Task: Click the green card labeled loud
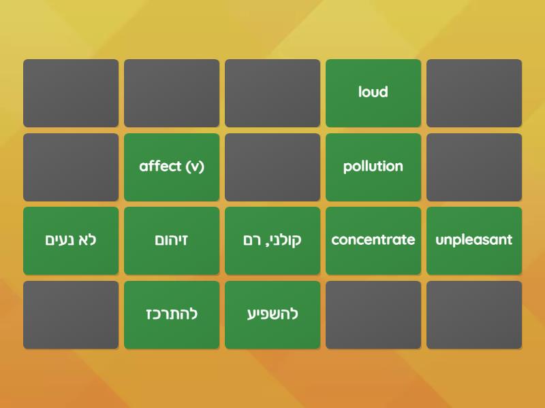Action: pyautogui.click(x=373, y=92)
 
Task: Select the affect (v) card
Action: pyautogui.click(x=172, y=167)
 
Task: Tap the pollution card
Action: pyautogui.click(x=373, y=167)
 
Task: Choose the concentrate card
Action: pyautogui.click(x=373, y=240)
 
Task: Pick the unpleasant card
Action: pyautogui.click(x=474, y=240)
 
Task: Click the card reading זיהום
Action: pyautogui.click(x=172, y=240)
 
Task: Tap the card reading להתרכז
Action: pyautogui.click(x=172, y=314)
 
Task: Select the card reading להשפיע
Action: pyautogui.click(x=272, y=314)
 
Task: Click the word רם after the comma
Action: pyautogui.click(x=251, y=240)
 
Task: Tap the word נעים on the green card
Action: pyautogui.click(x=59, y=240)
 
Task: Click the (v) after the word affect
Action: pyautogui.click(x=193, y=167)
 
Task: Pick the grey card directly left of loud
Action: pyautogui.click(x=272, y=92)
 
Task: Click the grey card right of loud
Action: pyautogui.click(x=474, y=92)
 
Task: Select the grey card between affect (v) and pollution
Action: pyautogui.click(x=272, y=167)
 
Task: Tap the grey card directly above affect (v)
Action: pyautogui.click(x=172, y=92)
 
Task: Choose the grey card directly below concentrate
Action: pyautogui.click(x=373, y=314)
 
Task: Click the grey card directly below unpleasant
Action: pyautogui.click(x=474, y=314)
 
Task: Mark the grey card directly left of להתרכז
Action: pyautogui.click(x=71, y=314)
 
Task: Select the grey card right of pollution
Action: pyautogui.click(x=474, y=167)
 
